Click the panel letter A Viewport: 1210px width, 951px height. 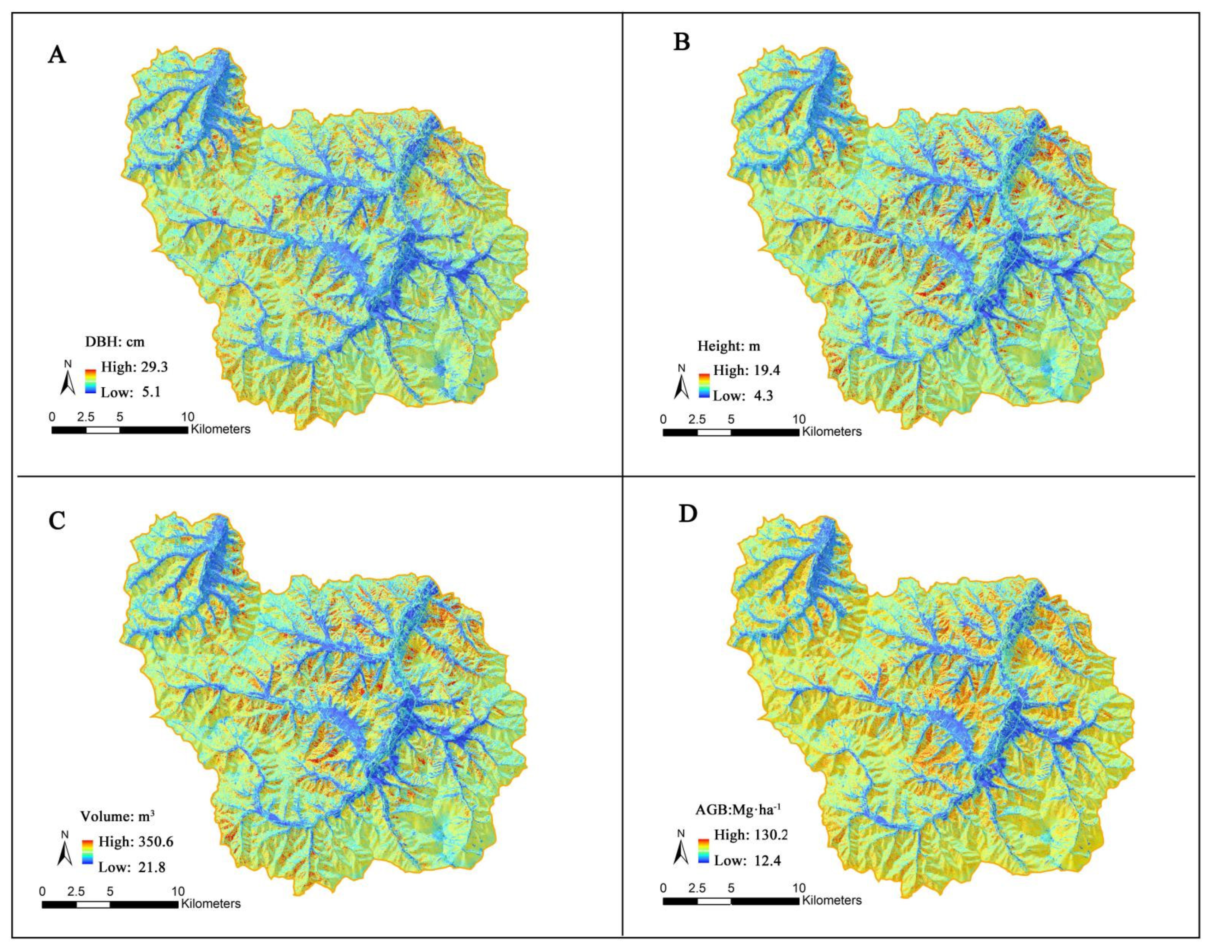point(57,55)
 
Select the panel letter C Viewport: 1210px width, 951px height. point(57,521)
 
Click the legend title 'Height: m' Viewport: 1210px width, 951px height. point(729,346)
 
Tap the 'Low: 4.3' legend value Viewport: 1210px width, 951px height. point(743,396)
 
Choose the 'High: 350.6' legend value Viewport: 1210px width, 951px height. point(136,841)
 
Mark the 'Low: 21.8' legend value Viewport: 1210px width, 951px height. point(132,867)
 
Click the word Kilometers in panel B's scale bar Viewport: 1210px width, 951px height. point(831,431)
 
